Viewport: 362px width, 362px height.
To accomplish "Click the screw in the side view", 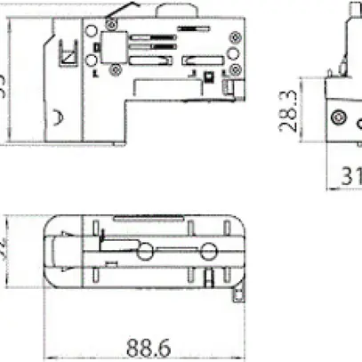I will (337, 117).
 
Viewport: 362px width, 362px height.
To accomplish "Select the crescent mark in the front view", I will (57, 117).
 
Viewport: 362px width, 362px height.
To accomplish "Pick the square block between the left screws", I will (112, 52).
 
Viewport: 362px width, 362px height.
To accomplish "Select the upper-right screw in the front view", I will (234, 37).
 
